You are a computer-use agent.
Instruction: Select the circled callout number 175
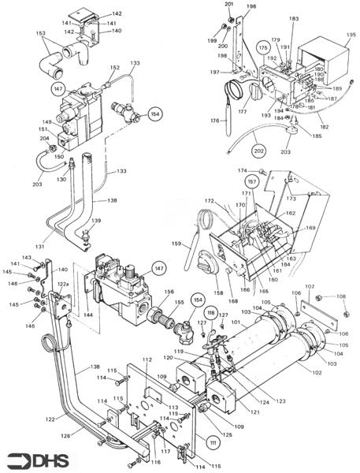point(262,49)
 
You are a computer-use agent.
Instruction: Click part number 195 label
point(351,35)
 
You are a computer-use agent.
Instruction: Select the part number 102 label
point(317,372)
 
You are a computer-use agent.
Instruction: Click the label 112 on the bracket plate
point(147,360)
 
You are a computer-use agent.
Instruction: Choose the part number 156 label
point(169,292)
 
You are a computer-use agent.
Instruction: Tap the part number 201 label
point(230,5)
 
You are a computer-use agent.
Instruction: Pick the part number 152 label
point(115,68)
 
